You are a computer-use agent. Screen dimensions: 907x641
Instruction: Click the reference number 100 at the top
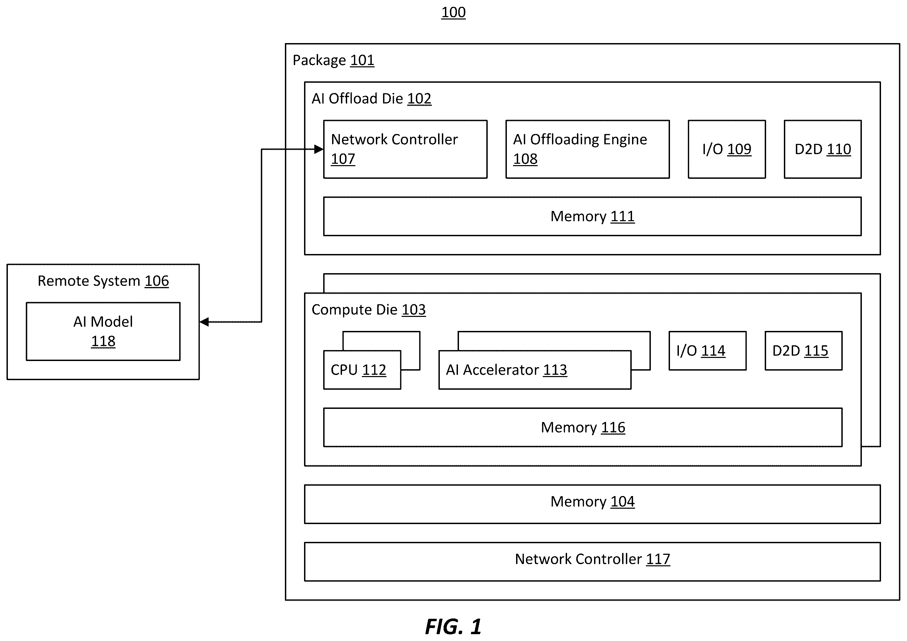click(453, 13)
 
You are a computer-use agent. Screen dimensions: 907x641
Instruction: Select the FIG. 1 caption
click(453, 626)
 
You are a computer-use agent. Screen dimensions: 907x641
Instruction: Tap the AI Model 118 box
click(103, 331)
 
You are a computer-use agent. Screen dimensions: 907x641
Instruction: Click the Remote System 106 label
click(103, 281)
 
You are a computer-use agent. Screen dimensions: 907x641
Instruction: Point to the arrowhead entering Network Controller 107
click(319, 149)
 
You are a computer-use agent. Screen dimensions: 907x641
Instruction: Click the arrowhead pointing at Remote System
click(204, 322)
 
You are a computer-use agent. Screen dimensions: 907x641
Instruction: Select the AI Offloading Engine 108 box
click(588, 149)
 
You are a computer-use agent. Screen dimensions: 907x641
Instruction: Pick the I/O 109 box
click(727, 149)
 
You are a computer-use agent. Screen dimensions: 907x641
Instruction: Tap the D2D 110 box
click(823, 149)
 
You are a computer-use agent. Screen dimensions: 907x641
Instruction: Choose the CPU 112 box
click(362, 370)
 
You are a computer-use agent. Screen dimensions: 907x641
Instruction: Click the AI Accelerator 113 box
click(535, 370)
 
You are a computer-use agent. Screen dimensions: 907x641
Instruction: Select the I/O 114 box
click(708, 351)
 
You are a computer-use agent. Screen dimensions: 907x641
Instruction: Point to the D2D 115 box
click(803, 351)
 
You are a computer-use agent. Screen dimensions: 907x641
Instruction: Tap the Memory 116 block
click(583, 427)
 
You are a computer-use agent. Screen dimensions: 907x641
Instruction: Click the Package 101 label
click(333, 61)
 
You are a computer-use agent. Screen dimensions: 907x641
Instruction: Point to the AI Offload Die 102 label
click(371, 99)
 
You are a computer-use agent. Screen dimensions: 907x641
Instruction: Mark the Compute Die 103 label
click(369, 310)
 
